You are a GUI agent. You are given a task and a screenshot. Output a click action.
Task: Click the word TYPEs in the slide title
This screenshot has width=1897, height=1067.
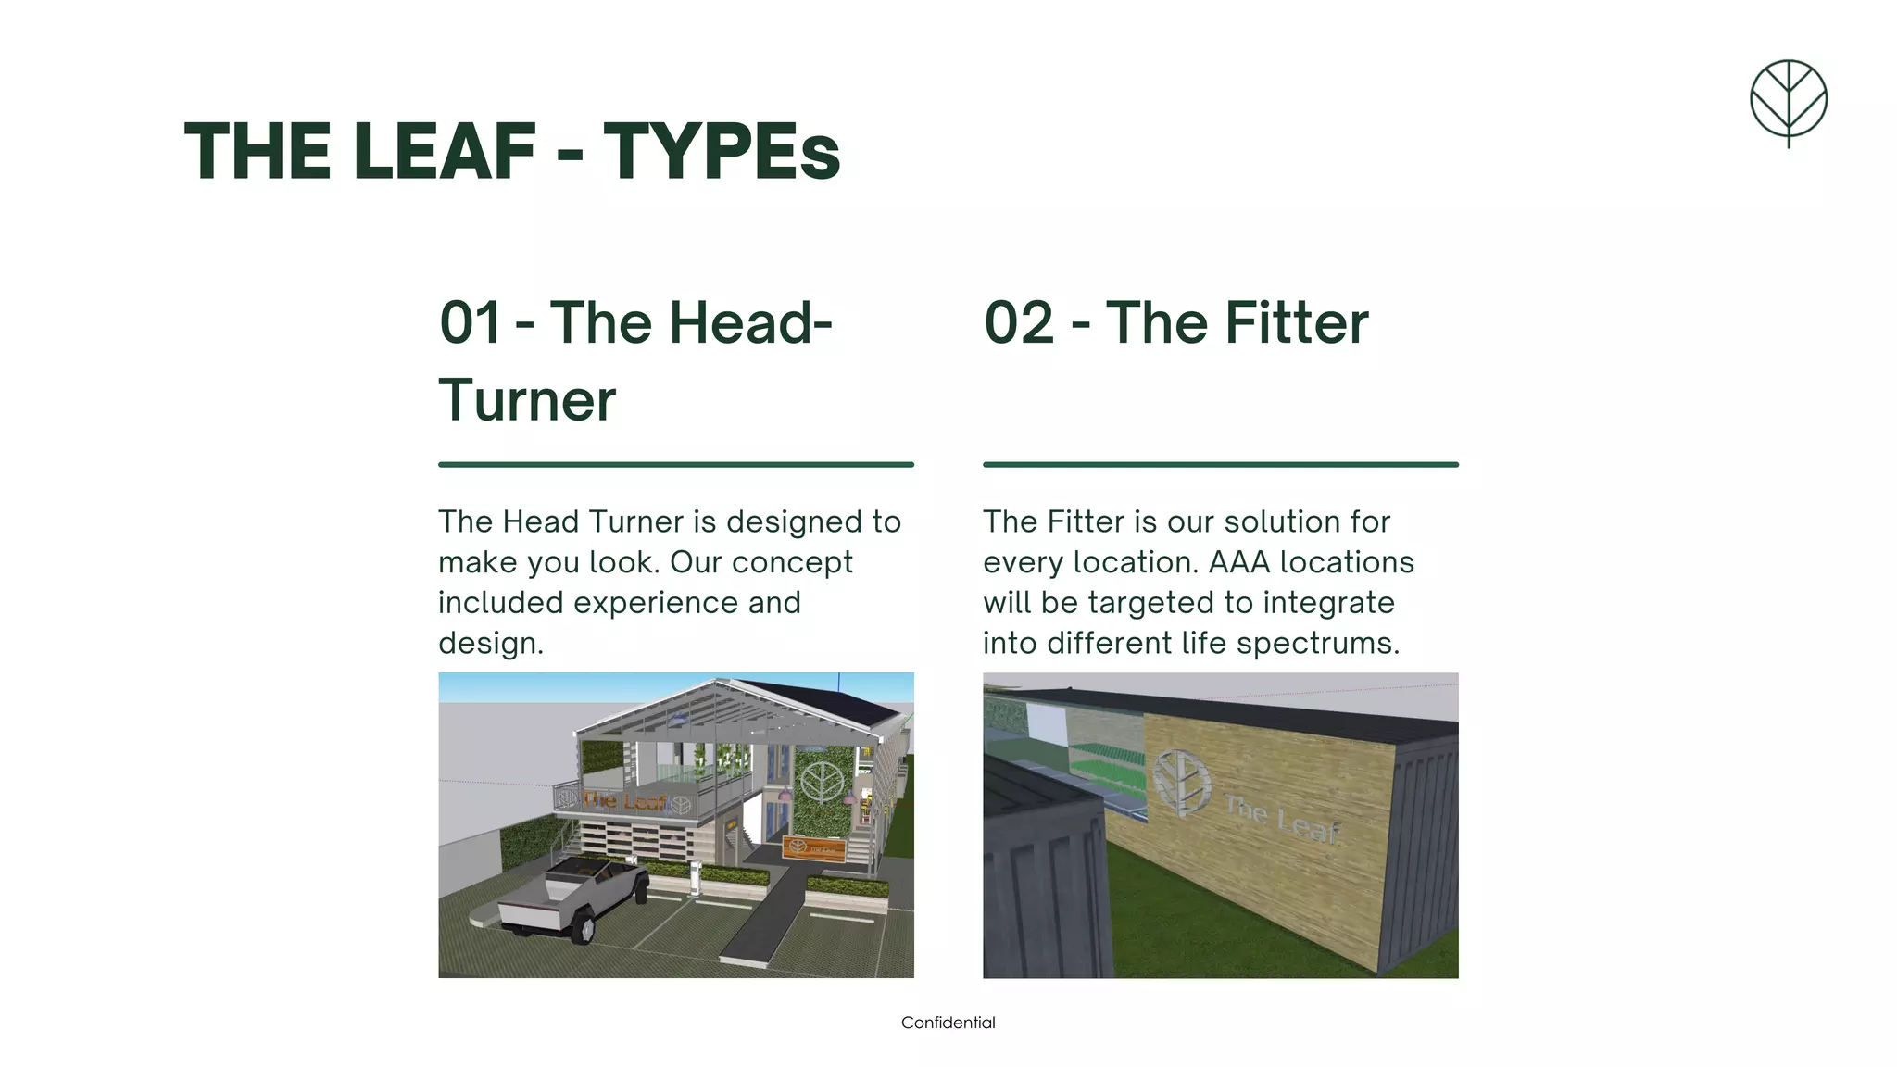point(722,151)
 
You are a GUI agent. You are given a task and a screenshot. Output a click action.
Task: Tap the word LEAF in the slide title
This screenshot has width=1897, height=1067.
point(445,151)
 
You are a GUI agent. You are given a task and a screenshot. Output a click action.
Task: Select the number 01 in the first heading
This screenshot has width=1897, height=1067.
point(470,323)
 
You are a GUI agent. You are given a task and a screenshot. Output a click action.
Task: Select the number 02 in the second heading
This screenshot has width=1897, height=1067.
point(1019,323)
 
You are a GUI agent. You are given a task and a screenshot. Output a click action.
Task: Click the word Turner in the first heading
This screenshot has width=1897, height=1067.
point(527,401)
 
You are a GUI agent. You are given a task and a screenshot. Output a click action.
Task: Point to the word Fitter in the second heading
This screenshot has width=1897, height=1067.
point(1297,323)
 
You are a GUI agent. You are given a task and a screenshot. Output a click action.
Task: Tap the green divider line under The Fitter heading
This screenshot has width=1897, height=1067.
point(1220,464)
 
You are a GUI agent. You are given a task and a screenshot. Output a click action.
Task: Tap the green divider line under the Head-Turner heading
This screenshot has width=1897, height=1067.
point(675,464)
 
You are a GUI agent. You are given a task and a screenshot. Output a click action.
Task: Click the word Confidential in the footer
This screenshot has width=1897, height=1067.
point(948,1023)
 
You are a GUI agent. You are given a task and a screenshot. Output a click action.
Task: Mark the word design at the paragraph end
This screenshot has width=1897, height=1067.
point(488,643)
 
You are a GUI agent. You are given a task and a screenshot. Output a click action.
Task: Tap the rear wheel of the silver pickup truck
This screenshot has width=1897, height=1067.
point(584,928)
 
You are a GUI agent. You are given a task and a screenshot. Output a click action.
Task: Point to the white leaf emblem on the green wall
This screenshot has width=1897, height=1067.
point(821,781)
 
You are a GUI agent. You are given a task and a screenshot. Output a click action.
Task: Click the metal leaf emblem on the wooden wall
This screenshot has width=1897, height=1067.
point(1180,780)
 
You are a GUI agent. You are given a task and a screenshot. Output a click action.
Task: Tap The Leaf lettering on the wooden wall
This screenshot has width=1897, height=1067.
point(1283,818)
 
